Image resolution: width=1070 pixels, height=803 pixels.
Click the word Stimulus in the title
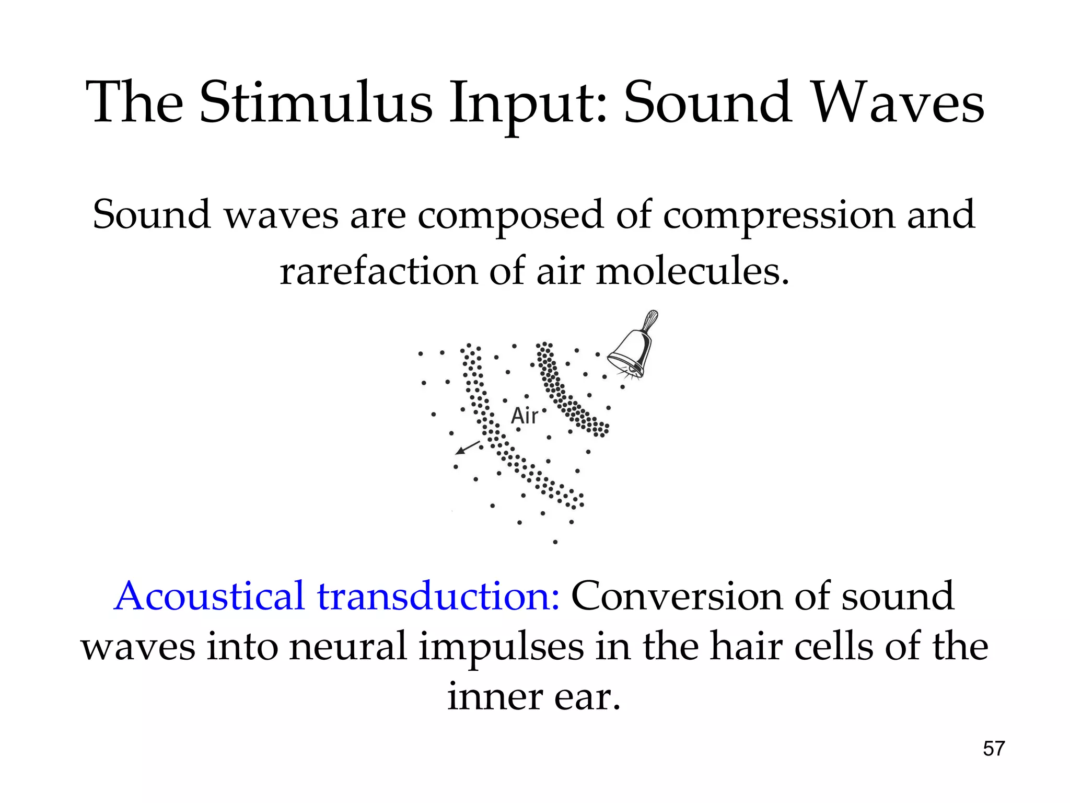click(316, 102)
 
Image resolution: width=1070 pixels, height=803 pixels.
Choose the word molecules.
click(692, 272)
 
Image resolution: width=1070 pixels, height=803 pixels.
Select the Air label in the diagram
click(524, 416)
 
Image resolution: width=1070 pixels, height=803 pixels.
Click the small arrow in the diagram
click(468, 448)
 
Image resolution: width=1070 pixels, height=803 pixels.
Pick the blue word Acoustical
click(209, 596)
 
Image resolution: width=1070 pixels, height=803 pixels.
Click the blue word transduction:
click(439, 596)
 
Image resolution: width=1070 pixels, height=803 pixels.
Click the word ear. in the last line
click(587, 697)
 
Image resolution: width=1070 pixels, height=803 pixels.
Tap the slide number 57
click(994, 749)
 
